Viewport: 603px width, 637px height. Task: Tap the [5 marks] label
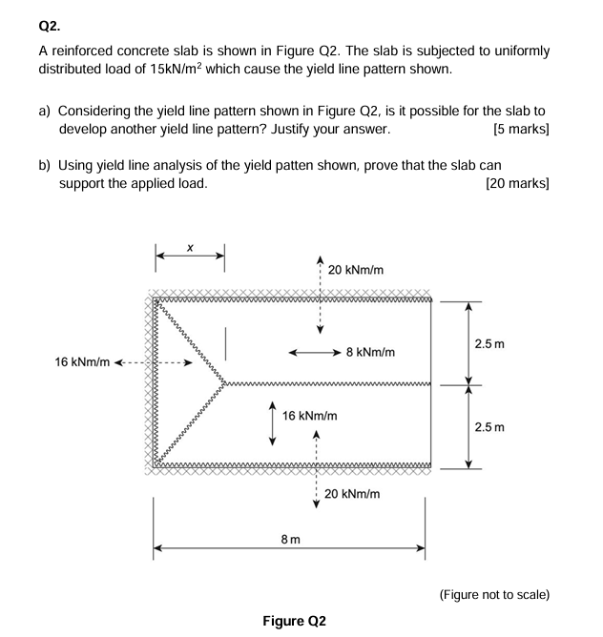tap(521, 128)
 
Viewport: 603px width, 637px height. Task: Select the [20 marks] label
tap(517, 182)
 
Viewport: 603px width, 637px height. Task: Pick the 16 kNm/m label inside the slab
tap(310, 417)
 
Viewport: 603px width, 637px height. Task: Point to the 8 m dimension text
tap(291, 540)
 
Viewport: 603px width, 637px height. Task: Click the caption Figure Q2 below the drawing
tap(294, 621)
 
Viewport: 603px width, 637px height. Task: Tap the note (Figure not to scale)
tap(494, 594)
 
